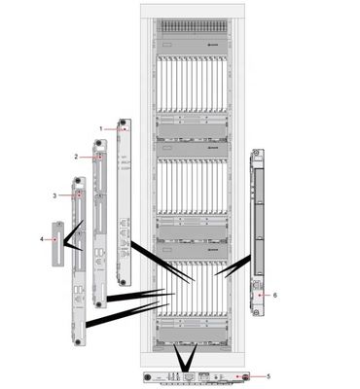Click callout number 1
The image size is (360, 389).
pos(100,127)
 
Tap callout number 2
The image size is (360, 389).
pos(76,156)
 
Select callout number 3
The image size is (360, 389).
pos(55,195)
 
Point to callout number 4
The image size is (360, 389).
pos(41,237)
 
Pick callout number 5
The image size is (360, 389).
pos(269,375)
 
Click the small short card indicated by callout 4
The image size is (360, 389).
pos(57,244)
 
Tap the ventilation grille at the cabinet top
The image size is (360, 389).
pos(194,22)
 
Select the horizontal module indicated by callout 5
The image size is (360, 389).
pos(195,376)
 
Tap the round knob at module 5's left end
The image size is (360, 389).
pos(147,377)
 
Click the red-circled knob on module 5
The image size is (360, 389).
pos(247,376)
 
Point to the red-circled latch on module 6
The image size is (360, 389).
pos(257,289)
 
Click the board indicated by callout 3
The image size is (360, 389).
pos(77,263)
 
